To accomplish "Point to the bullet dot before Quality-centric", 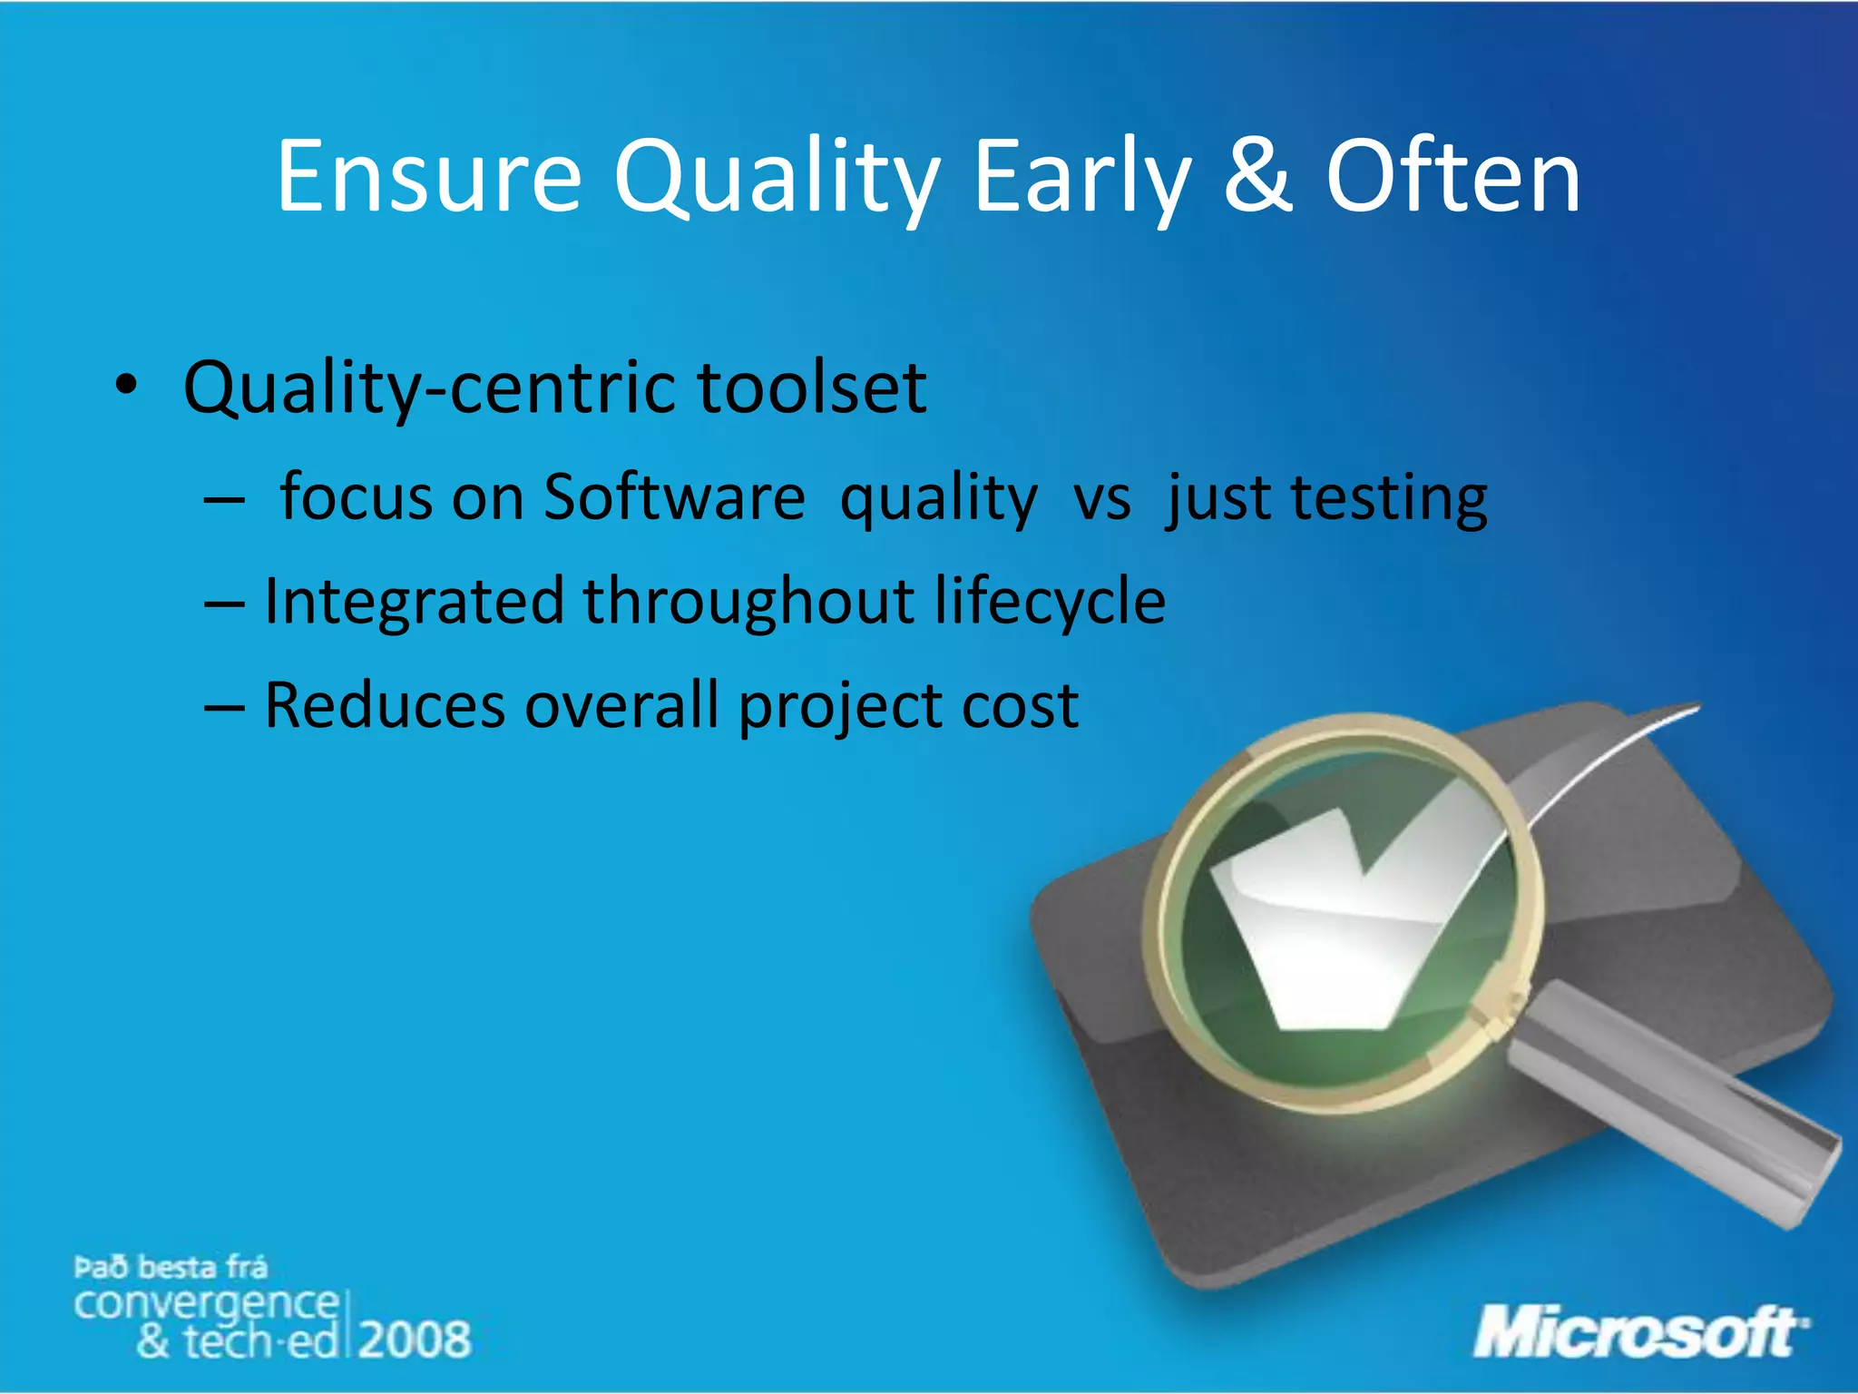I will click(x=126, y=386).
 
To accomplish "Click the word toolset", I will click(x=811, y=388).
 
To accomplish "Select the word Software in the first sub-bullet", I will click(x=673, y=497).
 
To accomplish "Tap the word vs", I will click(x=1102, y=499).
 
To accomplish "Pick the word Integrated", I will click(x=413, y=602).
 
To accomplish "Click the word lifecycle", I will click(x=1050, y=602).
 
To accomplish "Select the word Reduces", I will click(x=384, y=705).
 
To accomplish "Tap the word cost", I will click(x=1020, y=706).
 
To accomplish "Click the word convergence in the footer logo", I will click(x=206, y=1304).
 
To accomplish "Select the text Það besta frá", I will click(x=170, y=1267).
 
